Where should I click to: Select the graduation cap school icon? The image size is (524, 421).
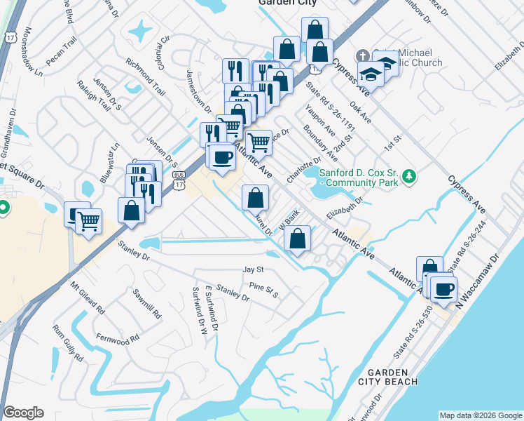[369, 73]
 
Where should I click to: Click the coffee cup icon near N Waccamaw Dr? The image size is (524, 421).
[443, 288]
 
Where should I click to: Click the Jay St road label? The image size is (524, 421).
[252, 269]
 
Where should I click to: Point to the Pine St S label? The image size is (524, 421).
[264, 290]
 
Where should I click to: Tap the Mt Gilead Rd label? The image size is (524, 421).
[87, 298]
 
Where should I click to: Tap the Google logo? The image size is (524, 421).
[23, 413]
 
